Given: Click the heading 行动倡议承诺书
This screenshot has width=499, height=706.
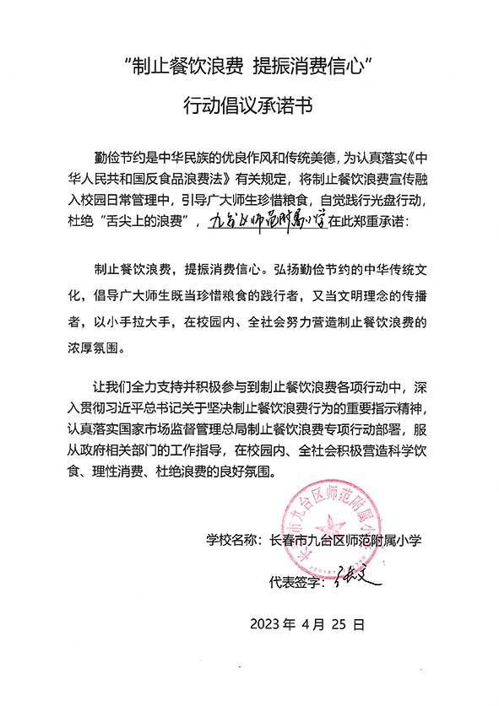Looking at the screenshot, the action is click(x=249, y=106).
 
